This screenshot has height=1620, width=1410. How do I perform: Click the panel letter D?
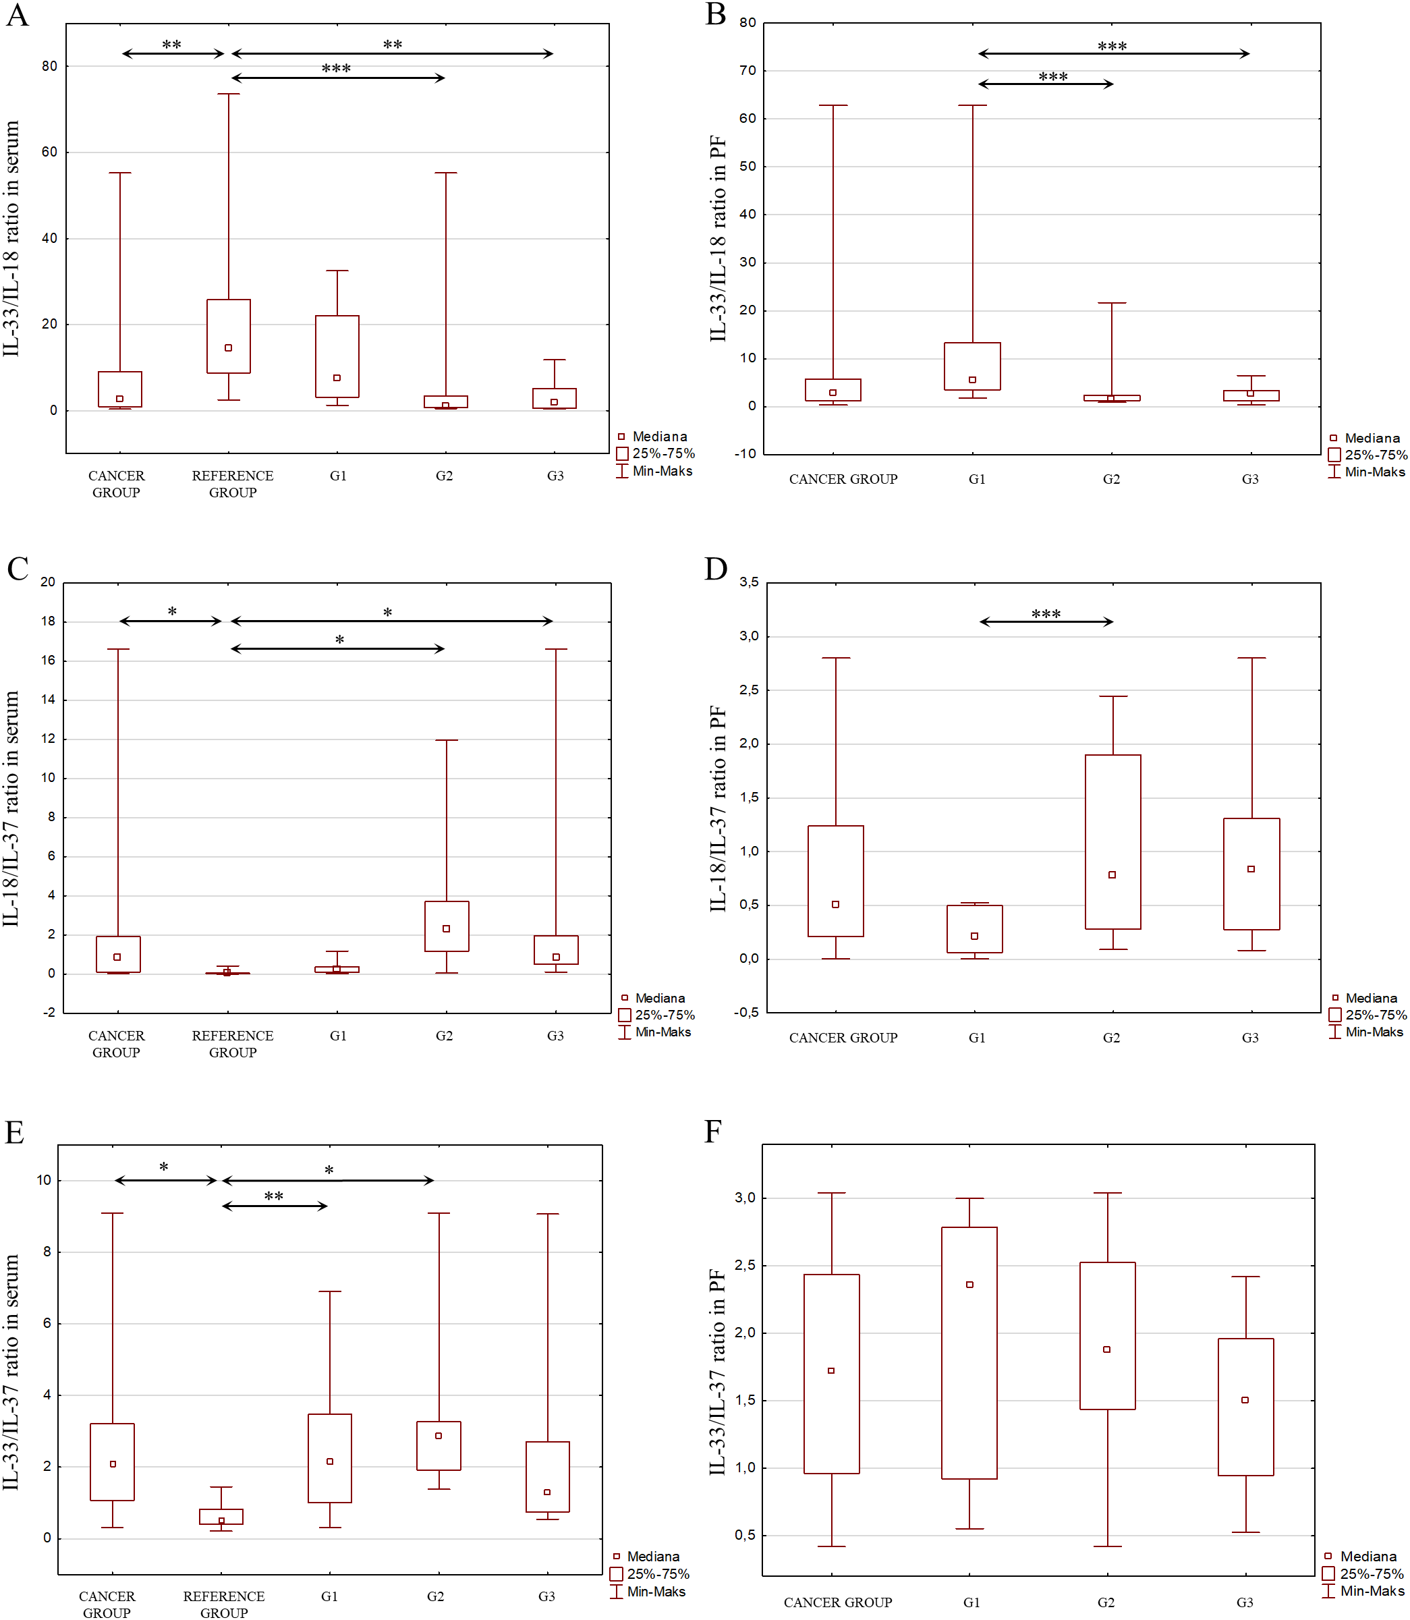(x=715, y=568)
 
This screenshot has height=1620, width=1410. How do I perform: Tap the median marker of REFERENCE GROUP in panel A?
(x=228, y=347)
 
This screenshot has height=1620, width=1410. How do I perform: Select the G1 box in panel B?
(x=973, y=366)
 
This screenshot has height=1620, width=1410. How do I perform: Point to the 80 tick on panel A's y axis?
(x=49, y=66)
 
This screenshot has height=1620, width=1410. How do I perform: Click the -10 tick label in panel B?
(x=745, y=454)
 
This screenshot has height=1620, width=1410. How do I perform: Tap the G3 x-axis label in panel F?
(x=1244, y=1602)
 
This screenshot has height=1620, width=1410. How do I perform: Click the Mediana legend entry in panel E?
(x=652, y=1557)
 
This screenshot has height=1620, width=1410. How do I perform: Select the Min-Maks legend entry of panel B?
(x=1374, y=472)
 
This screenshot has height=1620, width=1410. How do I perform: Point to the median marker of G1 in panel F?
(x=969, y=1284)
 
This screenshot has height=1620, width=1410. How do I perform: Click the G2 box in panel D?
(x=1112, y=842)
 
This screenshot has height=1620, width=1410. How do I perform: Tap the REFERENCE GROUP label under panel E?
(x=223, y=1604)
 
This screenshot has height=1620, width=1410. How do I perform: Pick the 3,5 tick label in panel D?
(x=748, y=582)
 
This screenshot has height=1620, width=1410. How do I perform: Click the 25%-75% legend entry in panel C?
(x=664, y=1015)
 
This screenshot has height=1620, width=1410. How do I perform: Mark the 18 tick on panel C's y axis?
(x=47, y=621)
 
